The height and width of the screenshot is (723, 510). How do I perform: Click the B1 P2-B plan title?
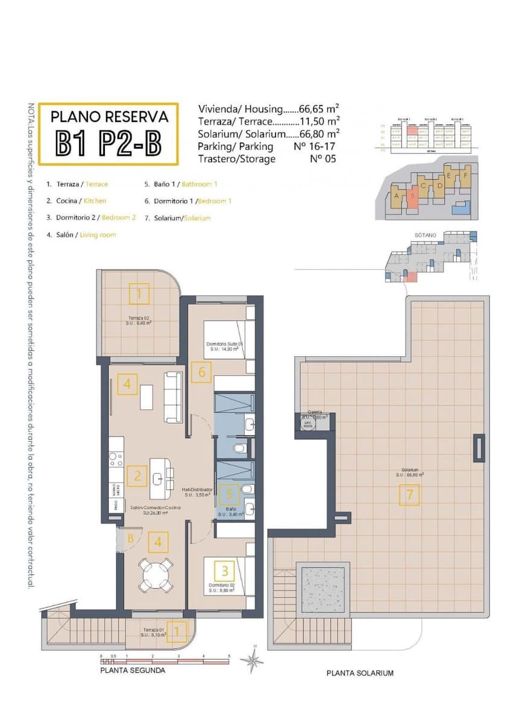[x=109, y=143]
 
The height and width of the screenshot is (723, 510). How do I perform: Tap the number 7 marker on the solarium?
[x=409, y=495]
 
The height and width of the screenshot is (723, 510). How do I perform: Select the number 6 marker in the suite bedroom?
[x=202, y=372]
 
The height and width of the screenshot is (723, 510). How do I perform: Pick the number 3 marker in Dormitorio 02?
[x=225, y=569]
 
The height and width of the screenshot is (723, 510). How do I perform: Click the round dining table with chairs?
[x=156, y=575]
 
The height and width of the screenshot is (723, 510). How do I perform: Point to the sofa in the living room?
[x=174, y=396]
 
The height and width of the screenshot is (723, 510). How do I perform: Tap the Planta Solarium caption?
[x=359, y=673]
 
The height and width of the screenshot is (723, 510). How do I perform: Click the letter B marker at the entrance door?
[x=130, y=539]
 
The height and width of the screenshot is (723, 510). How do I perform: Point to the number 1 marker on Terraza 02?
[x=139, y=294]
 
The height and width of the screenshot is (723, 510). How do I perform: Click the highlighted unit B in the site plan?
[x=413, y=195]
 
